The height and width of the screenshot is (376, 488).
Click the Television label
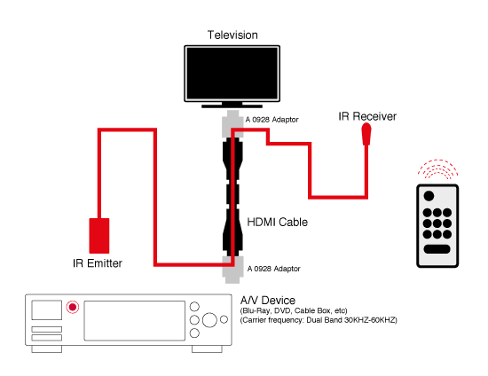click(232, 35)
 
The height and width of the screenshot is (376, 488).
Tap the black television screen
click(232, 74)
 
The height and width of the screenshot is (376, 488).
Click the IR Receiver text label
click(367, 116)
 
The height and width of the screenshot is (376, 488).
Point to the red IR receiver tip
click(366, 135)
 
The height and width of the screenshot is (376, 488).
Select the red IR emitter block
click(99, 235)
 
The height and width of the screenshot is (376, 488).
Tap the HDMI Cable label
click(278, 223)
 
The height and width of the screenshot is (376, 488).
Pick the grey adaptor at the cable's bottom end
click(232, 266)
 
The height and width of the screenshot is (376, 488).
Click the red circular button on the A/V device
click(72, 309)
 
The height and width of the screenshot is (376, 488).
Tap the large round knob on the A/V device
click(209, 321)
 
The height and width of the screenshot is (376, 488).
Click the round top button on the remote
click(429, 195)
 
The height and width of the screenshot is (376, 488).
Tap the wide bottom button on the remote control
click(438, 249)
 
